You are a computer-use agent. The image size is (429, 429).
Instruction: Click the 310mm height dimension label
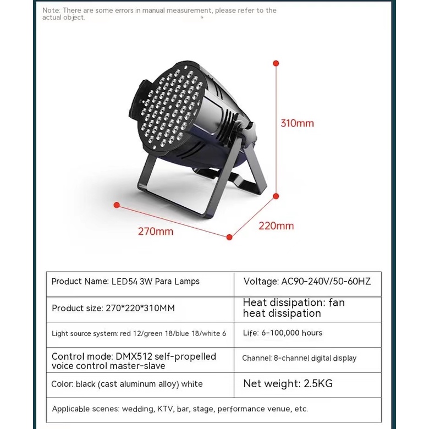click(x=297, y=123)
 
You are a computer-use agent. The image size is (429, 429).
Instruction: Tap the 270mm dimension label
click(x=155, y=232)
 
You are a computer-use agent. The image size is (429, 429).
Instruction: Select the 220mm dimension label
click(x=276, y=226)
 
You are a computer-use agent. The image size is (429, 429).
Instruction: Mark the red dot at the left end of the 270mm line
click(x=117, y=205)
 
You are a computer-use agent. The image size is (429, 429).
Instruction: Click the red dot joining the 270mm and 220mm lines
click(x=229, y=237)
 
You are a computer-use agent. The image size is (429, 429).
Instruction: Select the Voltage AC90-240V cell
click(x=307, y=282)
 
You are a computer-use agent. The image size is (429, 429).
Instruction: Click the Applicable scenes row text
click(x=180, y=409)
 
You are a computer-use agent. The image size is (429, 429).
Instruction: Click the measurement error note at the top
click(x=159, y=14)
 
